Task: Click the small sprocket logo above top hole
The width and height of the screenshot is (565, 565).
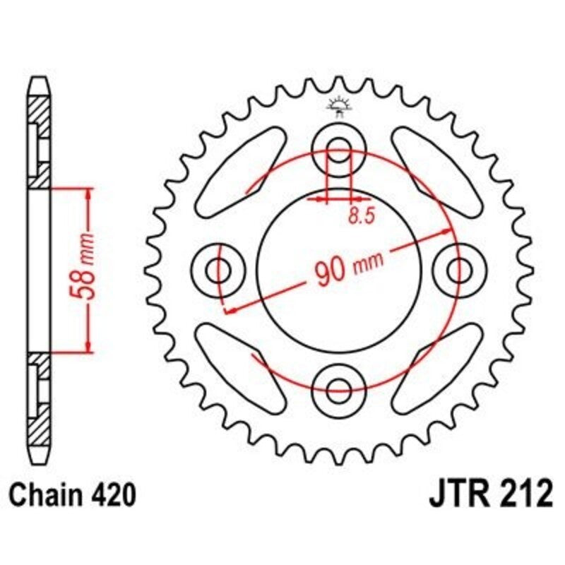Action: tap(340, 105)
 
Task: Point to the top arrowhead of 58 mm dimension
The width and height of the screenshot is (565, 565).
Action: tap(88, 194)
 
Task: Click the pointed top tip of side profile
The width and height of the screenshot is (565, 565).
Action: tap(40, 79)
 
